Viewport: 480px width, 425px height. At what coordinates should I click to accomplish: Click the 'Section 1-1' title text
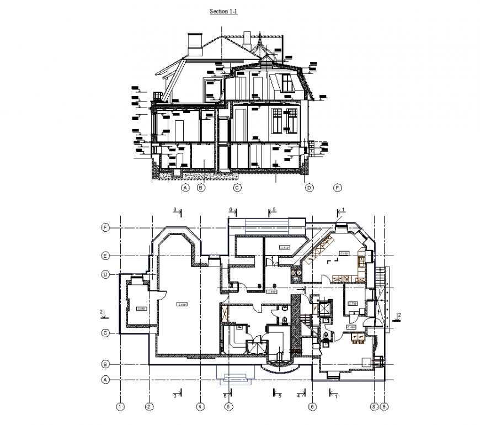223,11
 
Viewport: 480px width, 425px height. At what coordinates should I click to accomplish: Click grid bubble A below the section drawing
185,188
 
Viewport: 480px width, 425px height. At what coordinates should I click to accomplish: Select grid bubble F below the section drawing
338,188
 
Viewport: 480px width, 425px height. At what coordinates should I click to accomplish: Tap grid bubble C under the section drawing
237,188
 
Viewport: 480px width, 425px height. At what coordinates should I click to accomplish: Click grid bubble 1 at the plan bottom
121,407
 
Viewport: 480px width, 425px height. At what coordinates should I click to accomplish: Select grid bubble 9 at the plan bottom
385,407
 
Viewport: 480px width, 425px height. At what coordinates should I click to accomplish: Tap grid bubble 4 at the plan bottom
201,407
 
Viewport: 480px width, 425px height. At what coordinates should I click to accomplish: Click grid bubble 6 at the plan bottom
312,407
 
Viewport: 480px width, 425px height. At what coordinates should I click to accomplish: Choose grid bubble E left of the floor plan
104,256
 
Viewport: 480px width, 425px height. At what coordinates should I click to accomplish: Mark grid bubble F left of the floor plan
104,227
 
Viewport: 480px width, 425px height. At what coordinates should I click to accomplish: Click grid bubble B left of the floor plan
104,364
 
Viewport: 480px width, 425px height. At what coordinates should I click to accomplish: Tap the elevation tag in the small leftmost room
140,309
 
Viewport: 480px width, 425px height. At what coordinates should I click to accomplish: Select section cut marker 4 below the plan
298,395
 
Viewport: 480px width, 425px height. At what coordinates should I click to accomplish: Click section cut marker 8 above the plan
231,210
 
